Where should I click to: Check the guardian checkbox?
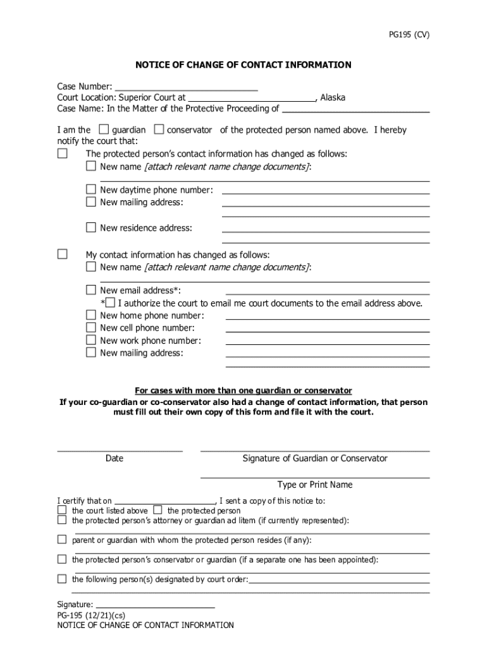pyautogui.click(x=104, y=130)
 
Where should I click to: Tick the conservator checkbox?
pyautogui.click(x=159, y=130)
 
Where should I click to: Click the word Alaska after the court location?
pyautogui.click(x=333, y=98)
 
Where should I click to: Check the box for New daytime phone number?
pyautogui.click(x=91, y=190)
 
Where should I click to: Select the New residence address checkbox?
pyautogui.click(x=91, y=227)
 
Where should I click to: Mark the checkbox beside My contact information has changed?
pyautogui.click(x=62, y=254)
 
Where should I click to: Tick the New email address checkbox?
pyautogui.click(x=91, y=290)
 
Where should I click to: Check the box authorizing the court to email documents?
pyautogui.click(x=111, y=303)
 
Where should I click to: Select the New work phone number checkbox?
pyautogui.click(x=91, y=341)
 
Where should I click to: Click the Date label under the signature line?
pyautogui.click(x=114, y=459)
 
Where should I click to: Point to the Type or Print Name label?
pyautogui.click(x=315, y=485)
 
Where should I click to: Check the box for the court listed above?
pyautogui.click(x=62, y=510)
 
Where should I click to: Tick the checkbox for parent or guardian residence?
pyautogui.click(x=62, y=540)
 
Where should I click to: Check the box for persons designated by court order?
pyautogui.click(x=62, y=579)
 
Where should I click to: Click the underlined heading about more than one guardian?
pyautogui.click(x=244, y=390)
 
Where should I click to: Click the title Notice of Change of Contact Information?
pyautogui.click(x=244, y=65)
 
